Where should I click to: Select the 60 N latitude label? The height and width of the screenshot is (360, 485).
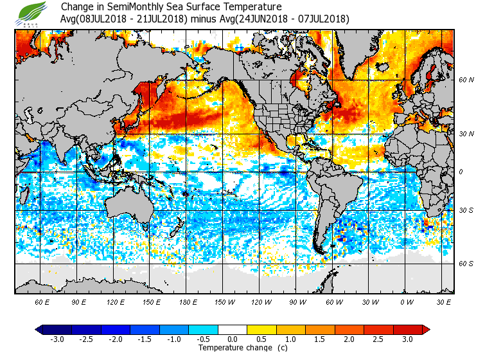pos(466,80)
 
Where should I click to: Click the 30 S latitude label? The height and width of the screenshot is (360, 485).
pos(466,211)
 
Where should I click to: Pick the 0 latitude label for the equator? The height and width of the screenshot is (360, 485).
pos(461,172)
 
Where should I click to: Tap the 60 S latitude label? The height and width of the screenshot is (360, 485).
pos(466,264)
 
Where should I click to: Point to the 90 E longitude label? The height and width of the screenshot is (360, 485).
pos(78,302)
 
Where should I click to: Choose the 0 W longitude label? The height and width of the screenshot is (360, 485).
pos(406,302)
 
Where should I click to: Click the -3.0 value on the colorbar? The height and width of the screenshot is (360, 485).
pos(58,339)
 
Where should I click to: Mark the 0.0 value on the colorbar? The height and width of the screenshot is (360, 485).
pos(233,339)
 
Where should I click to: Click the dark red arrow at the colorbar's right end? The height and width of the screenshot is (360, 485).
pos(425,330)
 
